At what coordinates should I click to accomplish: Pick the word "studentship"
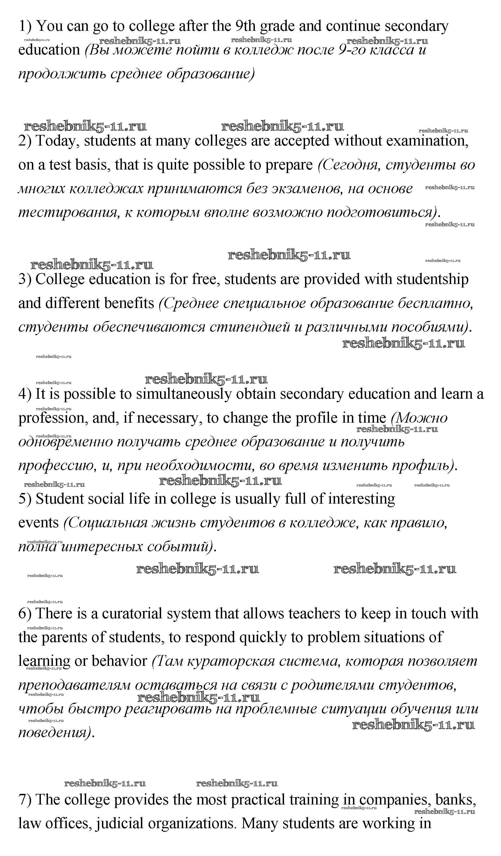(x=432, y=279)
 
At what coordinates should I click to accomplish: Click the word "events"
(x=38, y=523)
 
